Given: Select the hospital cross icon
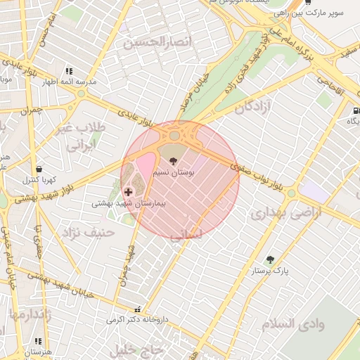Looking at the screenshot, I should click(x=128, y=191).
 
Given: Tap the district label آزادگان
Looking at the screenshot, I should click(x=254, y=108).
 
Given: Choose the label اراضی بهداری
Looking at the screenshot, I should click(x=285, y=213).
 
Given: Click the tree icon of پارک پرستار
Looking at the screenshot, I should click(x=270, y=259).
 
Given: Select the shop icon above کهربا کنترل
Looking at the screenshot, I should click(x=38, y=169).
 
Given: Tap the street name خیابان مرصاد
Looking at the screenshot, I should click(x=200, y=89).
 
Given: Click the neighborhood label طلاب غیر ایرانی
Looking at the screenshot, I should click(x=84, y=138).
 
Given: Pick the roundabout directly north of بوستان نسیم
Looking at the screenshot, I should click(x=174, y=136).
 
